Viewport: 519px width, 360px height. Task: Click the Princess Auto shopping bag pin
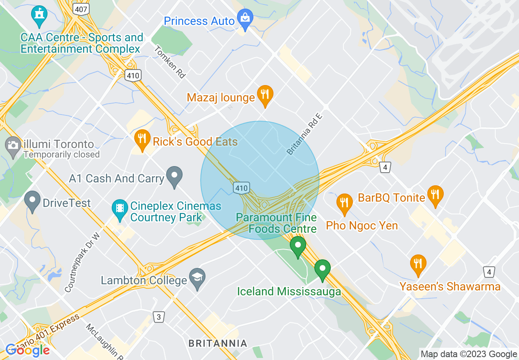(245, 18)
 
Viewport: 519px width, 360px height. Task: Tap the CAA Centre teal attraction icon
(39, 15)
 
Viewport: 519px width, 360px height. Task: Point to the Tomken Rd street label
(170, 61)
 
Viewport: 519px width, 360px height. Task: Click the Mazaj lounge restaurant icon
(265, 95)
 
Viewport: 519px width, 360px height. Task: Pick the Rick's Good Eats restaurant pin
(142, 139)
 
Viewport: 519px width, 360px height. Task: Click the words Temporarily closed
(62, 155)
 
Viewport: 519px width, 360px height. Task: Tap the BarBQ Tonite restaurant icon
(435, 195)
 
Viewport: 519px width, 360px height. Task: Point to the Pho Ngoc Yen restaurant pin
(345, 203)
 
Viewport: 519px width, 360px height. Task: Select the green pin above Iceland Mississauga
(323, 269)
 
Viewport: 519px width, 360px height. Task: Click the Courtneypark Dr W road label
(82, 263)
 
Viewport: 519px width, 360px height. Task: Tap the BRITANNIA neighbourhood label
(218, 343)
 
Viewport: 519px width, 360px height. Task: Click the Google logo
(28, 350)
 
